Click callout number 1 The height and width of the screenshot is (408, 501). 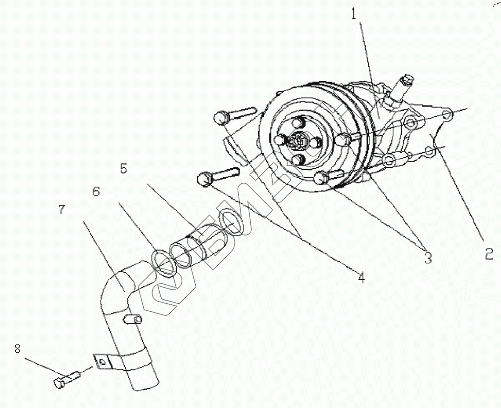[x=354, y=14]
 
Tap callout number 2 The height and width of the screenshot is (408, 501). [x=488, y=254]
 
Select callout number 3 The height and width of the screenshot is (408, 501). [x=428, y=256]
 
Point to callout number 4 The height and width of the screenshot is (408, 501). [x=361, y=278]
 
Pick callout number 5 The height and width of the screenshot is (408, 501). [x=123, y=168]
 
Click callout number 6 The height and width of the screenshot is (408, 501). [x=96, y=191]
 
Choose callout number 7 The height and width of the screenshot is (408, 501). [x=62, y=210]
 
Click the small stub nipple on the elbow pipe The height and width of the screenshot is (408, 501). [x=134, y=319]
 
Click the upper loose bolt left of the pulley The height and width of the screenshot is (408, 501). [x=233, y=114]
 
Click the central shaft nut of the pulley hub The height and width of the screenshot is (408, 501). [x=298, y=140]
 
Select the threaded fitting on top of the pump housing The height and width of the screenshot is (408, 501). [x=403, y=84]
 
